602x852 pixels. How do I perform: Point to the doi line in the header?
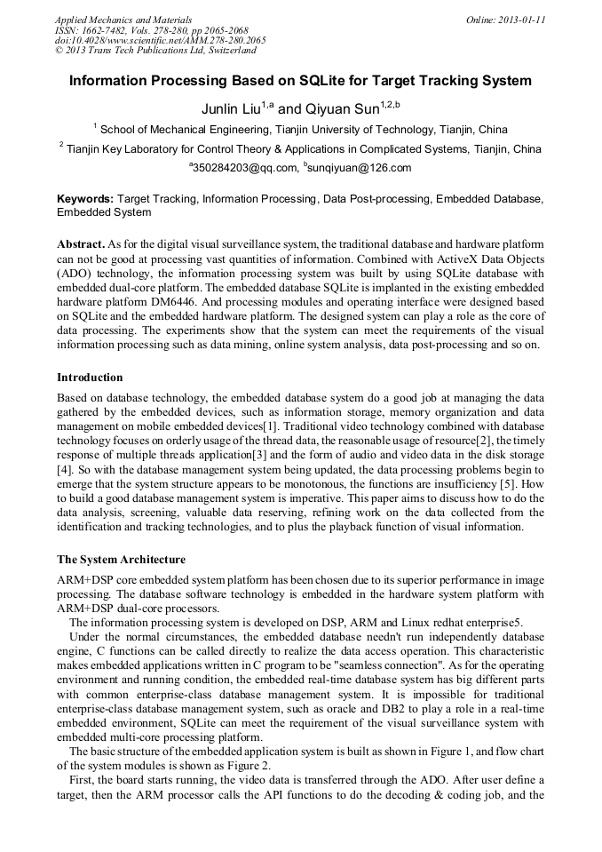pos(160,41)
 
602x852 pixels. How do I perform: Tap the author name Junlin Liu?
pos(232,109)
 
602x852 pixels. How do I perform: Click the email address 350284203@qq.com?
pos(234,168)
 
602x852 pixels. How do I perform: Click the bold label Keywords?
pos(85,200)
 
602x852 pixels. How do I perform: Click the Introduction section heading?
pos(90,378)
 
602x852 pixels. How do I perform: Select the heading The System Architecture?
pos(121,560)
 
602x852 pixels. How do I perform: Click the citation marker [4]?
pos(63,468)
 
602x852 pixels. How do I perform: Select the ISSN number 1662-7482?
pos(105,30)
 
